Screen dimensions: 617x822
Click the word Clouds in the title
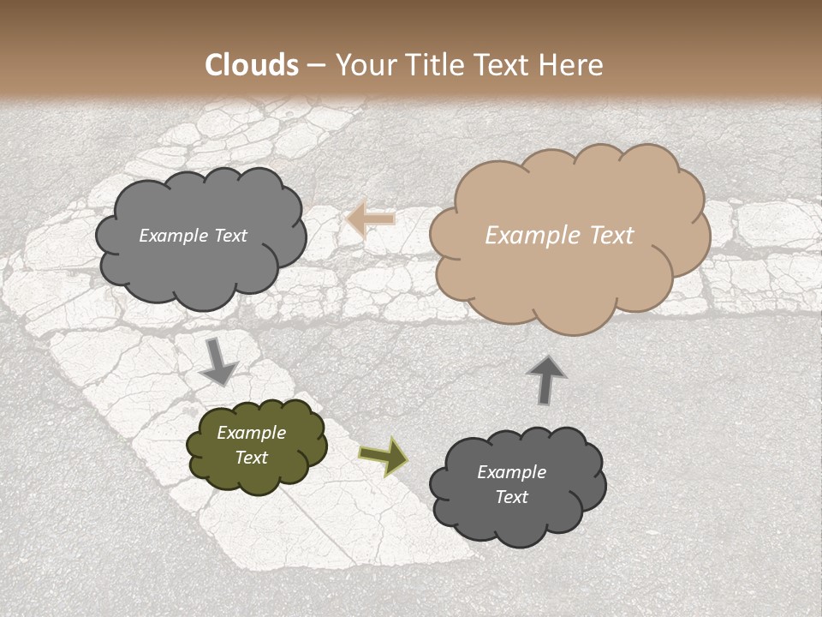point(252,65)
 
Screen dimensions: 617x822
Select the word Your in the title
point(364,65)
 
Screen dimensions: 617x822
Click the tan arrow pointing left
point(371,219)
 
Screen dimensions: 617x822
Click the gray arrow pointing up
point(545,380)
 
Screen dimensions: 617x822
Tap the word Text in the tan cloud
point(609,236)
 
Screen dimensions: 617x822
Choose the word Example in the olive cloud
point(252,433)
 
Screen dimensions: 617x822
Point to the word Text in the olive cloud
point(252,458)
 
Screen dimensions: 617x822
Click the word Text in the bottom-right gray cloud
point(511,497)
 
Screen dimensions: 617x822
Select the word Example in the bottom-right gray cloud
point(511,472)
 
